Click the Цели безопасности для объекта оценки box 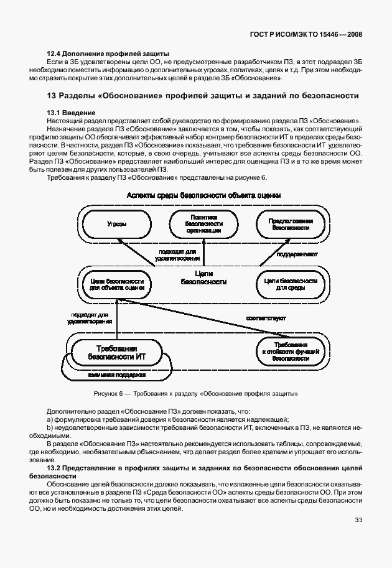[x=113, y=284]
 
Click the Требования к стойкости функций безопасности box [x=291, y=351]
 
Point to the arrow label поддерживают [x=298, y=254]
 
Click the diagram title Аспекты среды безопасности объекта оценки [x=203, y=195]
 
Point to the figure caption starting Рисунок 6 [x=195, y=393]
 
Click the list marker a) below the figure [x=50, y=419]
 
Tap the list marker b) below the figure [x=50, y=428]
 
